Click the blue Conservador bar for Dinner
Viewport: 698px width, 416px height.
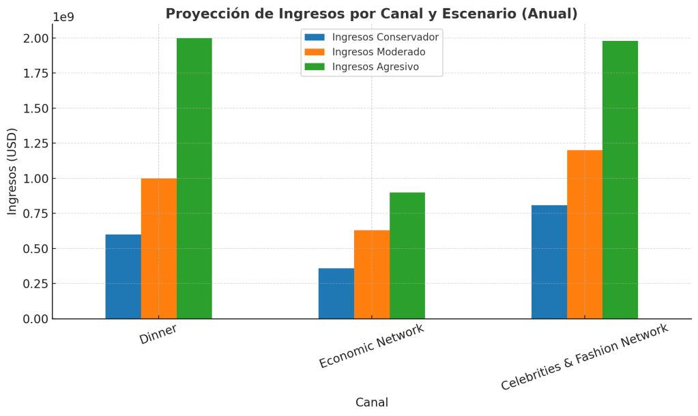123,276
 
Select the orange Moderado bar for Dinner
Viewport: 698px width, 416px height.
158,248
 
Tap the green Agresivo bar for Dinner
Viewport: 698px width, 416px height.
194,178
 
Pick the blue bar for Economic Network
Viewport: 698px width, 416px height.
336,293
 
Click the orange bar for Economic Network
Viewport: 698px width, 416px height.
371,274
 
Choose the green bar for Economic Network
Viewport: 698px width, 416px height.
407,255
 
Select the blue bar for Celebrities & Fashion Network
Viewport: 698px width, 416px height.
549,262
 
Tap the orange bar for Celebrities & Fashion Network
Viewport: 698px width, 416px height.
584,234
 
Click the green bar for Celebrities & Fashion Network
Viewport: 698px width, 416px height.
620,179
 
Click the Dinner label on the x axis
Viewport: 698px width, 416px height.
158,334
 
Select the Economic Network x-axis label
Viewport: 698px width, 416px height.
371,346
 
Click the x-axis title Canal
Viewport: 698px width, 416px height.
372,402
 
